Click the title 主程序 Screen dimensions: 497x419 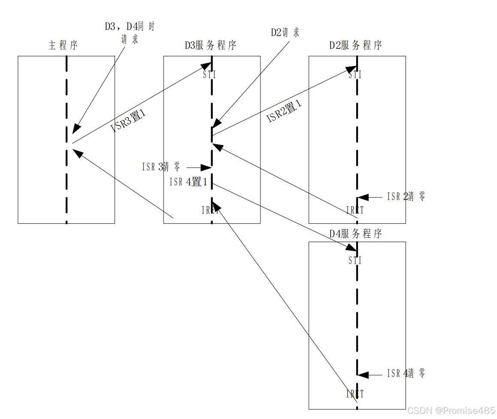coord(63,45)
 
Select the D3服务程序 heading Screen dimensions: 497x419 coord(210,45)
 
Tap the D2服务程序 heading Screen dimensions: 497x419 coord(355,45)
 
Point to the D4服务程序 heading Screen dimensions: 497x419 coord(355,234)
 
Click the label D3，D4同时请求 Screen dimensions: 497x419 coord(130,33)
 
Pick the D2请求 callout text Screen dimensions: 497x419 coord(285,32)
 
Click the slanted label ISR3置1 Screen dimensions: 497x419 coord(128,121)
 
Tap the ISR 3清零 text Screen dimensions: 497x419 coord(161,167)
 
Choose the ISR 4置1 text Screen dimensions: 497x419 coord(188,182)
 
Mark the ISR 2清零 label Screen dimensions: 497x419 coord(406,197)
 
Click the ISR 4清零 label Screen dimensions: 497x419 coord(406,373)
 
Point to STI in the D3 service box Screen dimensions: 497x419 coord(209,75)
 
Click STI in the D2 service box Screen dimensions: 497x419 coord(355,75)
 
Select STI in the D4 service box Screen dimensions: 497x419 coord(355,261)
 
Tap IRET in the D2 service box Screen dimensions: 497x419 coord(355,210)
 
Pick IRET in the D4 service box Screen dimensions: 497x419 coord(355,394)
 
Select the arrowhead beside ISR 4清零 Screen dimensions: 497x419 coord(363,375)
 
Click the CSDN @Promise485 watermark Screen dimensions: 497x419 coord(451,411)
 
